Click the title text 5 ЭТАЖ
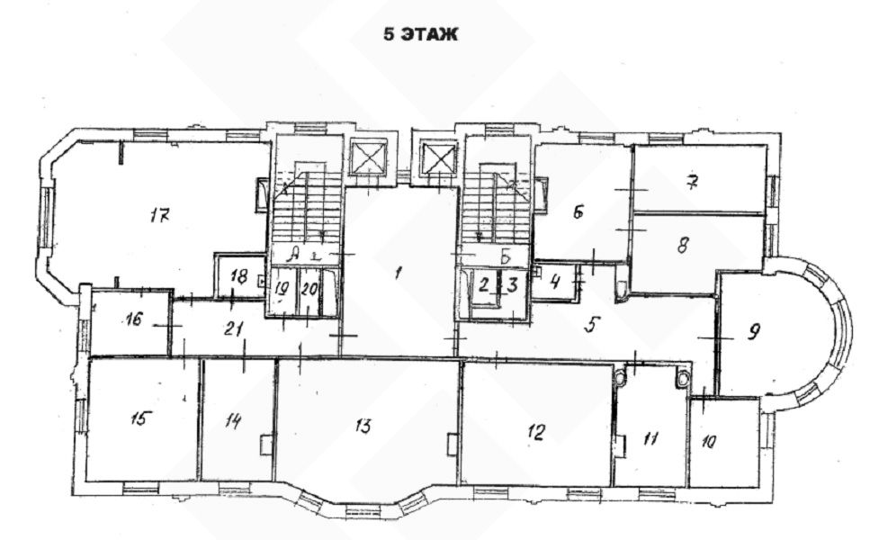pos(420,34)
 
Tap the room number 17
pos(159,215)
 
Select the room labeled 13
pos(363,426)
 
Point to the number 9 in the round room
pos(753,332)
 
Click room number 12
pos(536,432)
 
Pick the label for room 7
pos(692,182)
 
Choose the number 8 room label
pos(683,245)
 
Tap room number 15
pos(139,418)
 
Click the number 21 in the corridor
pos(234,328)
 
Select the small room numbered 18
pos(239,276)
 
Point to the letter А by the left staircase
pos(293,255)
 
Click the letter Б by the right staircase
pos(505,256)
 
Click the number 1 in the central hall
pos(398,273)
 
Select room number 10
pos(709,442)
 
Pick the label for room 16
pos(134,319)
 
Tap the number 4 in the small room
pos(555,282)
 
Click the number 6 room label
pos(579,211)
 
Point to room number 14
pos(233,421)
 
